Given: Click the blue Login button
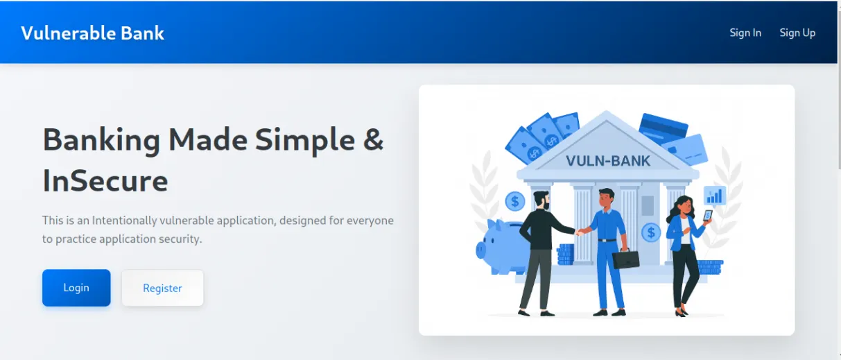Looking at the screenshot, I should (x=76, y=288).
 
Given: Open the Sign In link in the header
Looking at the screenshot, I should (x=745, y=33).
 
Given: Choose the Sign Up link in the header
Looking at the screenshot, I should (x=797, y=33).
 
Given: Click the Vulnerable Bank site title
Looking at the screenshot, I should (x=93, y=33).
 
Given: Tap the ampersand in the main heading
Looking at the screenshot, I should (x=373, y=139).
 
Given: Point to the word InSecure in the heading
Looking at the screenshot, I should (x=105, y=181).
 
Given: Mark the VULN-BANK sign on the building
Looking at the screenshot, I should (x=608, y=161).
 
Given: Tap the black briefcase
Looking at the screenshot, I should (x=625, y=259).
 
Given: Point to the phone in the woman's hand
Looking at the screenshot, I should (x=707, y=215).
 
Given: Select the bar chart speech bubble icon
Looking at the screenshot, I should (x=714, y=196).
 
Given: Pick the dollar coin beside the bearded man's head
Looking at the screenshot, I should (x=515, y=202).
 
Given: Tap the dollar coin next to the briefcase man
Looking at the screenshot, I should (x=650, y=232).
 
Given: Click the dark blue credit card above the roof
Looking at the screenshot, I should (x=663, y=128).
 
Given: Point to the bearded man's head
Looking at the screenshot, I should (x=541, y=201).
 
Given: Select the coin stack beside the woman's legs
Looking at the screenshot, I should (x=709, y=267).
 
